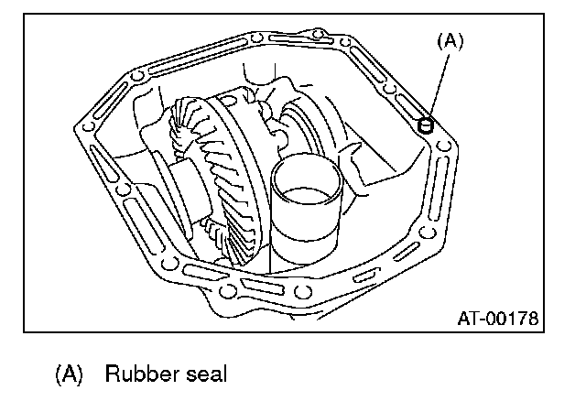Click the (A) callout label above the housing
click(450, 40)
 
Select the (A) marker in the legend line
click(70, 374)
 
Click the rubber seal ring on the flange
click(425, 125)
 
